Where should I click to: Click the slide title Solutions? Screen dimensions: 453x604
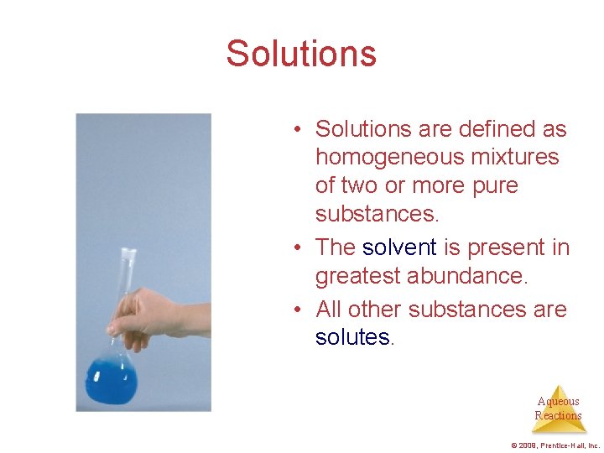click(x=301, y=54)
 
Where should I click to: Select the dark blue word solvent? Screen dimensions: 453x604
click(x=399, y=247)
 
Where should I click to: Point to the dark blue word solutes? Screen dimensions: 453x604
click(x=352, y=337)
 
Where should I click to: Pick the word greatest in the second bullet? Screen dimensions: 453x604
click(x=358, y=276)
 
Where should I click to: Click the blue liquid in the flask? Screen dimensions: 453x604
click(x=111, y=382)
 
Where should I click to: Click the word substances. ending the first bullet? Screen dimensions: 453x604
click(x=377, y=214)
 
